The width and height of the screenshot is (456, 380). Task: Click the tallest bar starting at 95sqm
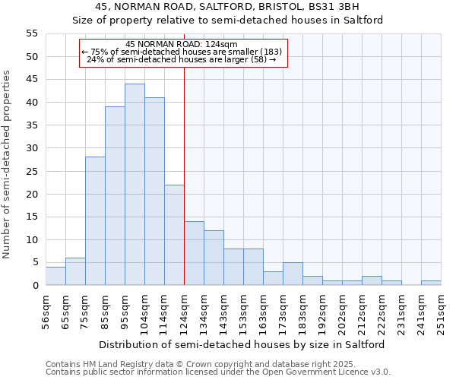(135, 185)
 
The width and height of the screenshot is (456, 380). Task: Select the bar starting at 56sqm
(55, 276)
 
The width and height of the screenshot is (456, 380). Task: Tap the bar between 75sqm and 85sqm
(95, 221)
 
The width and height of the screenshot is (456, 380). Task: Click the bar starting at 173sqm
(293, 274)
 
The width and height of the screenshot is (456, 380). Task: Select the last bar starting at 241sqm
(431, 283)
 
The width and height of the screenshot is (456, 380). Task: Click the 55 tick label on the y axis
(31, 33)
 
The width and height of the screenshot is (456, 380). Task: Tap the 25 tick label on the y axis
(31, 171)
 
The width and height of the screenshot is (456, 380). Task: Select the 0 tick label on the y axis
(34, 286)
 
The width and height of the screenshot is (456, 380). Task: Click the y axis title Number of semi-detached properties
(8, 164)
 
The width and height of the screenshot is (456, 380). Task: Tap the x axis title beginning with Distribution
(242, 344)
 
